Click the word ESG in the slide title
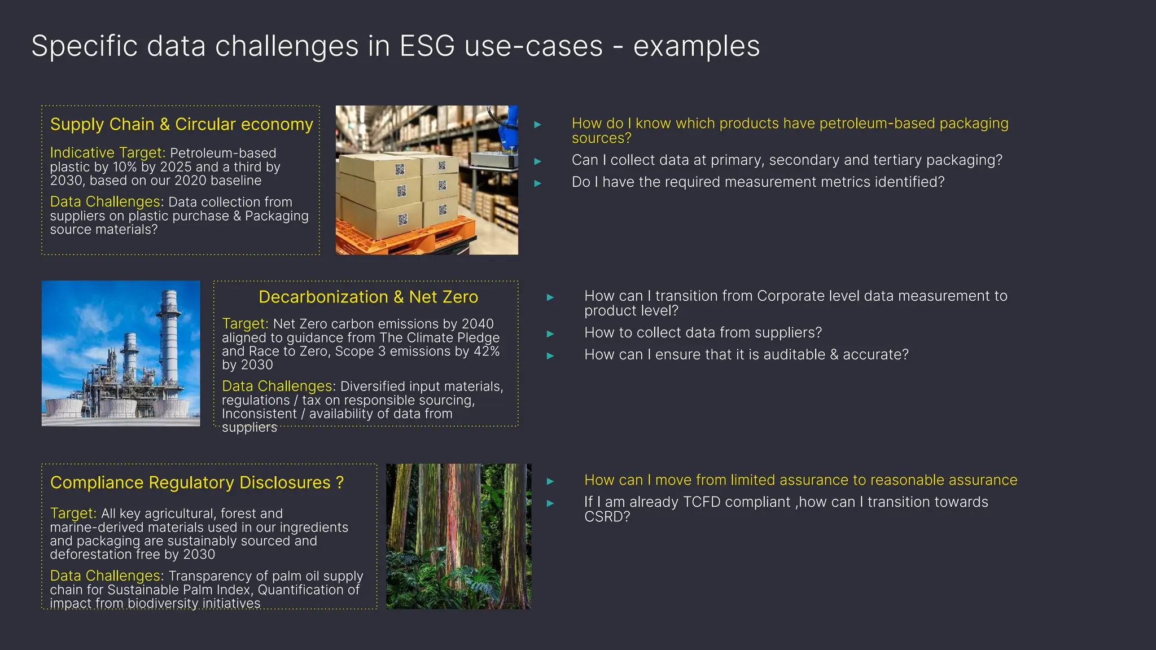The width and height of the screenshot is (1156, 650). click(x=427, y=46)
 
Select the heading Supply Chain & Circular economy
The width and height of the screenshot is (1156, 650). click(x=181, y=124)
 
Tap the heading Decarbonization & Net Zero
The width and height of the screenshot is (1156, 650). click(x=368, y=297)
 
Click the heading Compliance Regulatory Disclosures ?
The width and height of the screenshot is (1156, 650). click(x=196, y=483)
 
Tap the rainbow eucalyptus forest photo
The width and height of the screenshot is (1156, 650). click(x=458, y=536)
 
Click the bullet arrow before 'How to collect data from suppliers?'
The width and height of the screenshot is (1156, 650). click(x=550, y=334)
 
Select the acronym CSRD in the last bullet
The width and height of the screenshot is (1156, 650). click(x=602, y=517)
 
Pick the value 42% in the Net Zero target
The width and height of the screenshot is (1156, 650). click(x=487, y=351)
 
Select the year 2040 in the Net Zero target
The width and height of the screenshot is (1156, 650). click(x=478, y=324)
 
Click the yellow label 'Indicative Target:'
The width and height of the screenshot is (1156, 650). click(x=107, y=153)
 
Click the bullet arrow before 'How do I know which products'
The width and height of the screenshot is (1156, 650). click(x=537, y=125)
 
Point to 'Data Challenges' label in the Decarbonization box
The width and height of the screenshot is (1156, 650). click(x=277, y=387)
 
